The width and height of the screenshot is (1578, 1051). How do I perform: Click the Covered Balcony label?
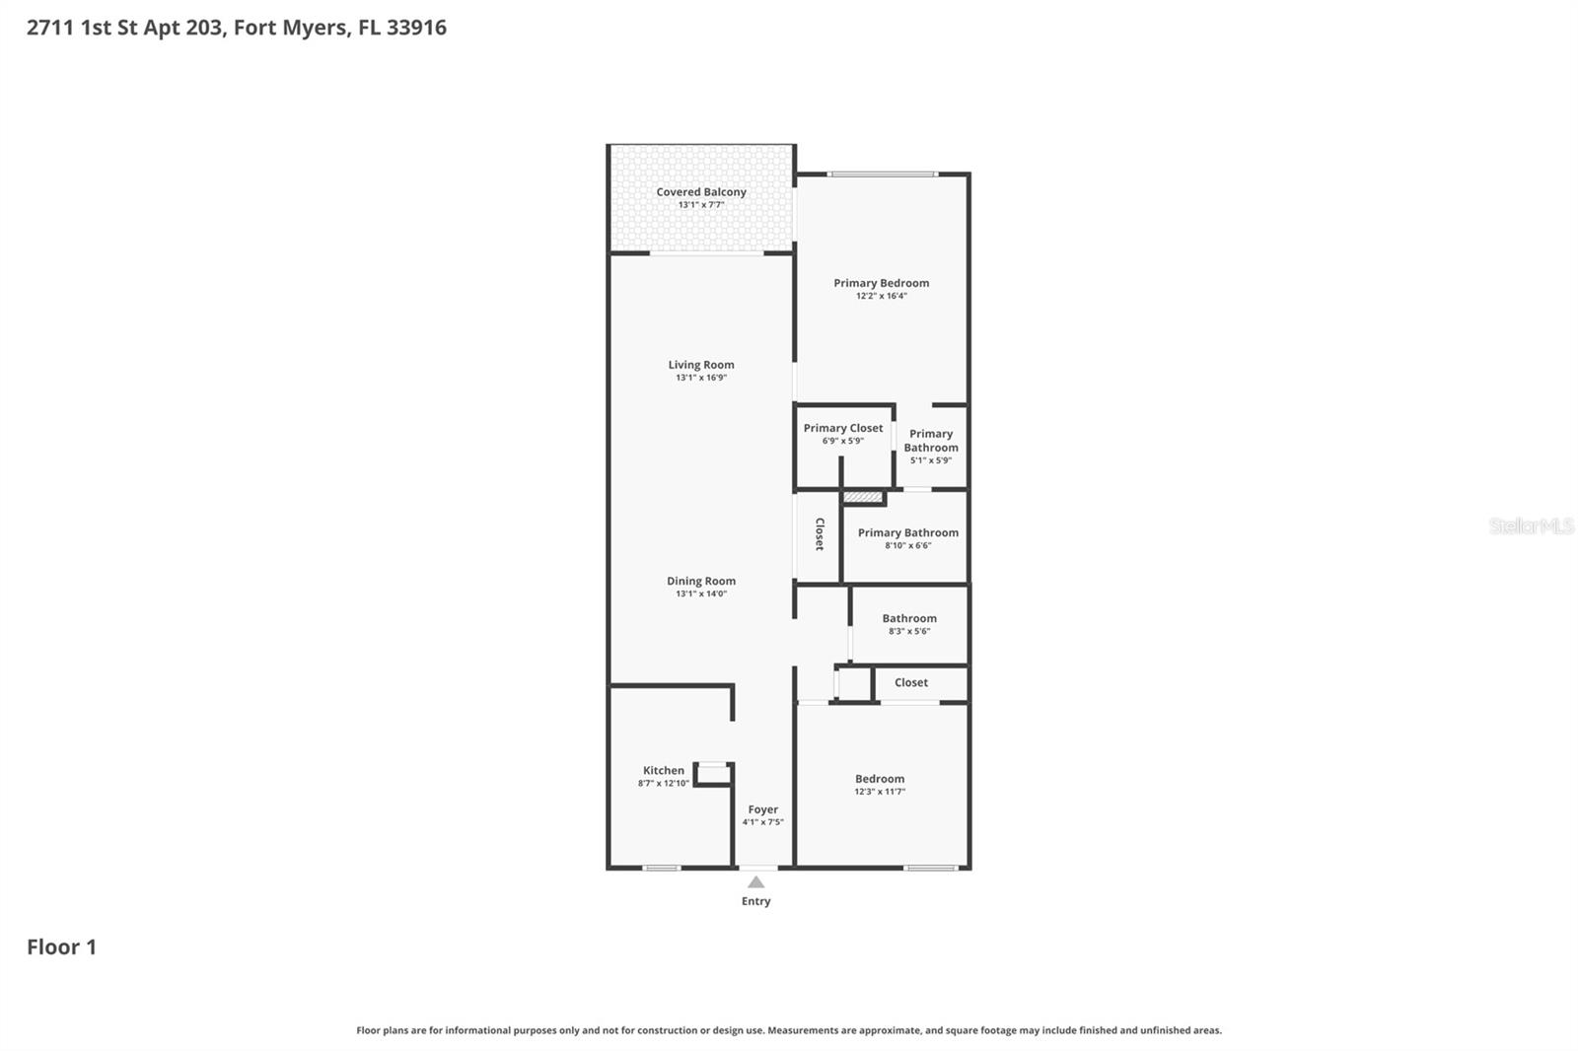[701, 192]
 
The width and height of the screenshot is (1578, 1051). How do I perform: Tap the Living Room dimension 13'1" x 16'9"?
[701, 378]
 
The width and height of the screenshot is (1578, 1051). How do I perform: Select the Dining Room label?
[701, 581]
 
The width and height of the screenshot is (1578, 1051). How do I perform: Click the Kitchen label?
[664, 771]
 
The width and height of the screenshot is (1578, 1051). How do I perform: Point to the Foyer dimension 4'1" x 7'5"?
[763, 822]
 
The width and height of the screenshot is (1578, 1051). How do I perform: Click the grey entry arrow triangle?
[756, 882]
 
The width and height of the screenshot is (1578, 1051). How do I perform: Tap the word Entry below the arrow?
[756, 901]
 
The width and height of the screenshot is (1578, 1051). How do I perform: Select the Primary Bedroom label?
[881, 283]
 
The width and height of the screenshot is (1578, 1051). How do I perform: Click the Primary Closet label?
[843, 428]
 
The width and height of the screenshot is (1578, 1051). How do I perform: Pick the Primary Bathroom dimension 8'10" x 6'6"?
[908, 545]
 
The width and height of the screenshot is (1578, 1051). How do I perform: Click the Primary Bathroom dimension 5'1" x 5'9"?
[931, 460]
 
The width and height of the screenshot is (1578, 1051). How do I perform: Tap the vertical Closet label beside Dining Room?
[820, 534]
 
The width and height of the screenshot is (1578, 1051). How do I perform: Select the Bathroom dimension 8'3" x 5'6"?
[909, 631]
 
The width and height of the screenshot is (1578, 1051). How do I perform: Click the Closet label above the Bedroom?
[911, 682]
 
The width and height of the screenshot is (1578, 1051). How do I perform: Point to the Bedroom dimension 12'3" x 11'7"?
[880, 792]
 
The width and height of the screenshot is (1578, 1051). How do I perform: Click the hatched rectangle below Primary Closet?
[863, 497]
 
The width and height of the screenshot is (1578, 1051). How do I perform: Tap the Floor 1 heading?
[61, 947]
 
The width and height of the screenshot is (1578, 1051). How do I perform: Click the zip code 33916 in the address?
[416, 28]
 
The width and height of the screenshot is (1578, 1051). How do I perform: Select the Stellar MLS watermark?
[1531, 526]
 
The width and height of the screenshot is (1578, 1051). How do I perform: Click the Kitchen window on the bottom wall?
[661, 868]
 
